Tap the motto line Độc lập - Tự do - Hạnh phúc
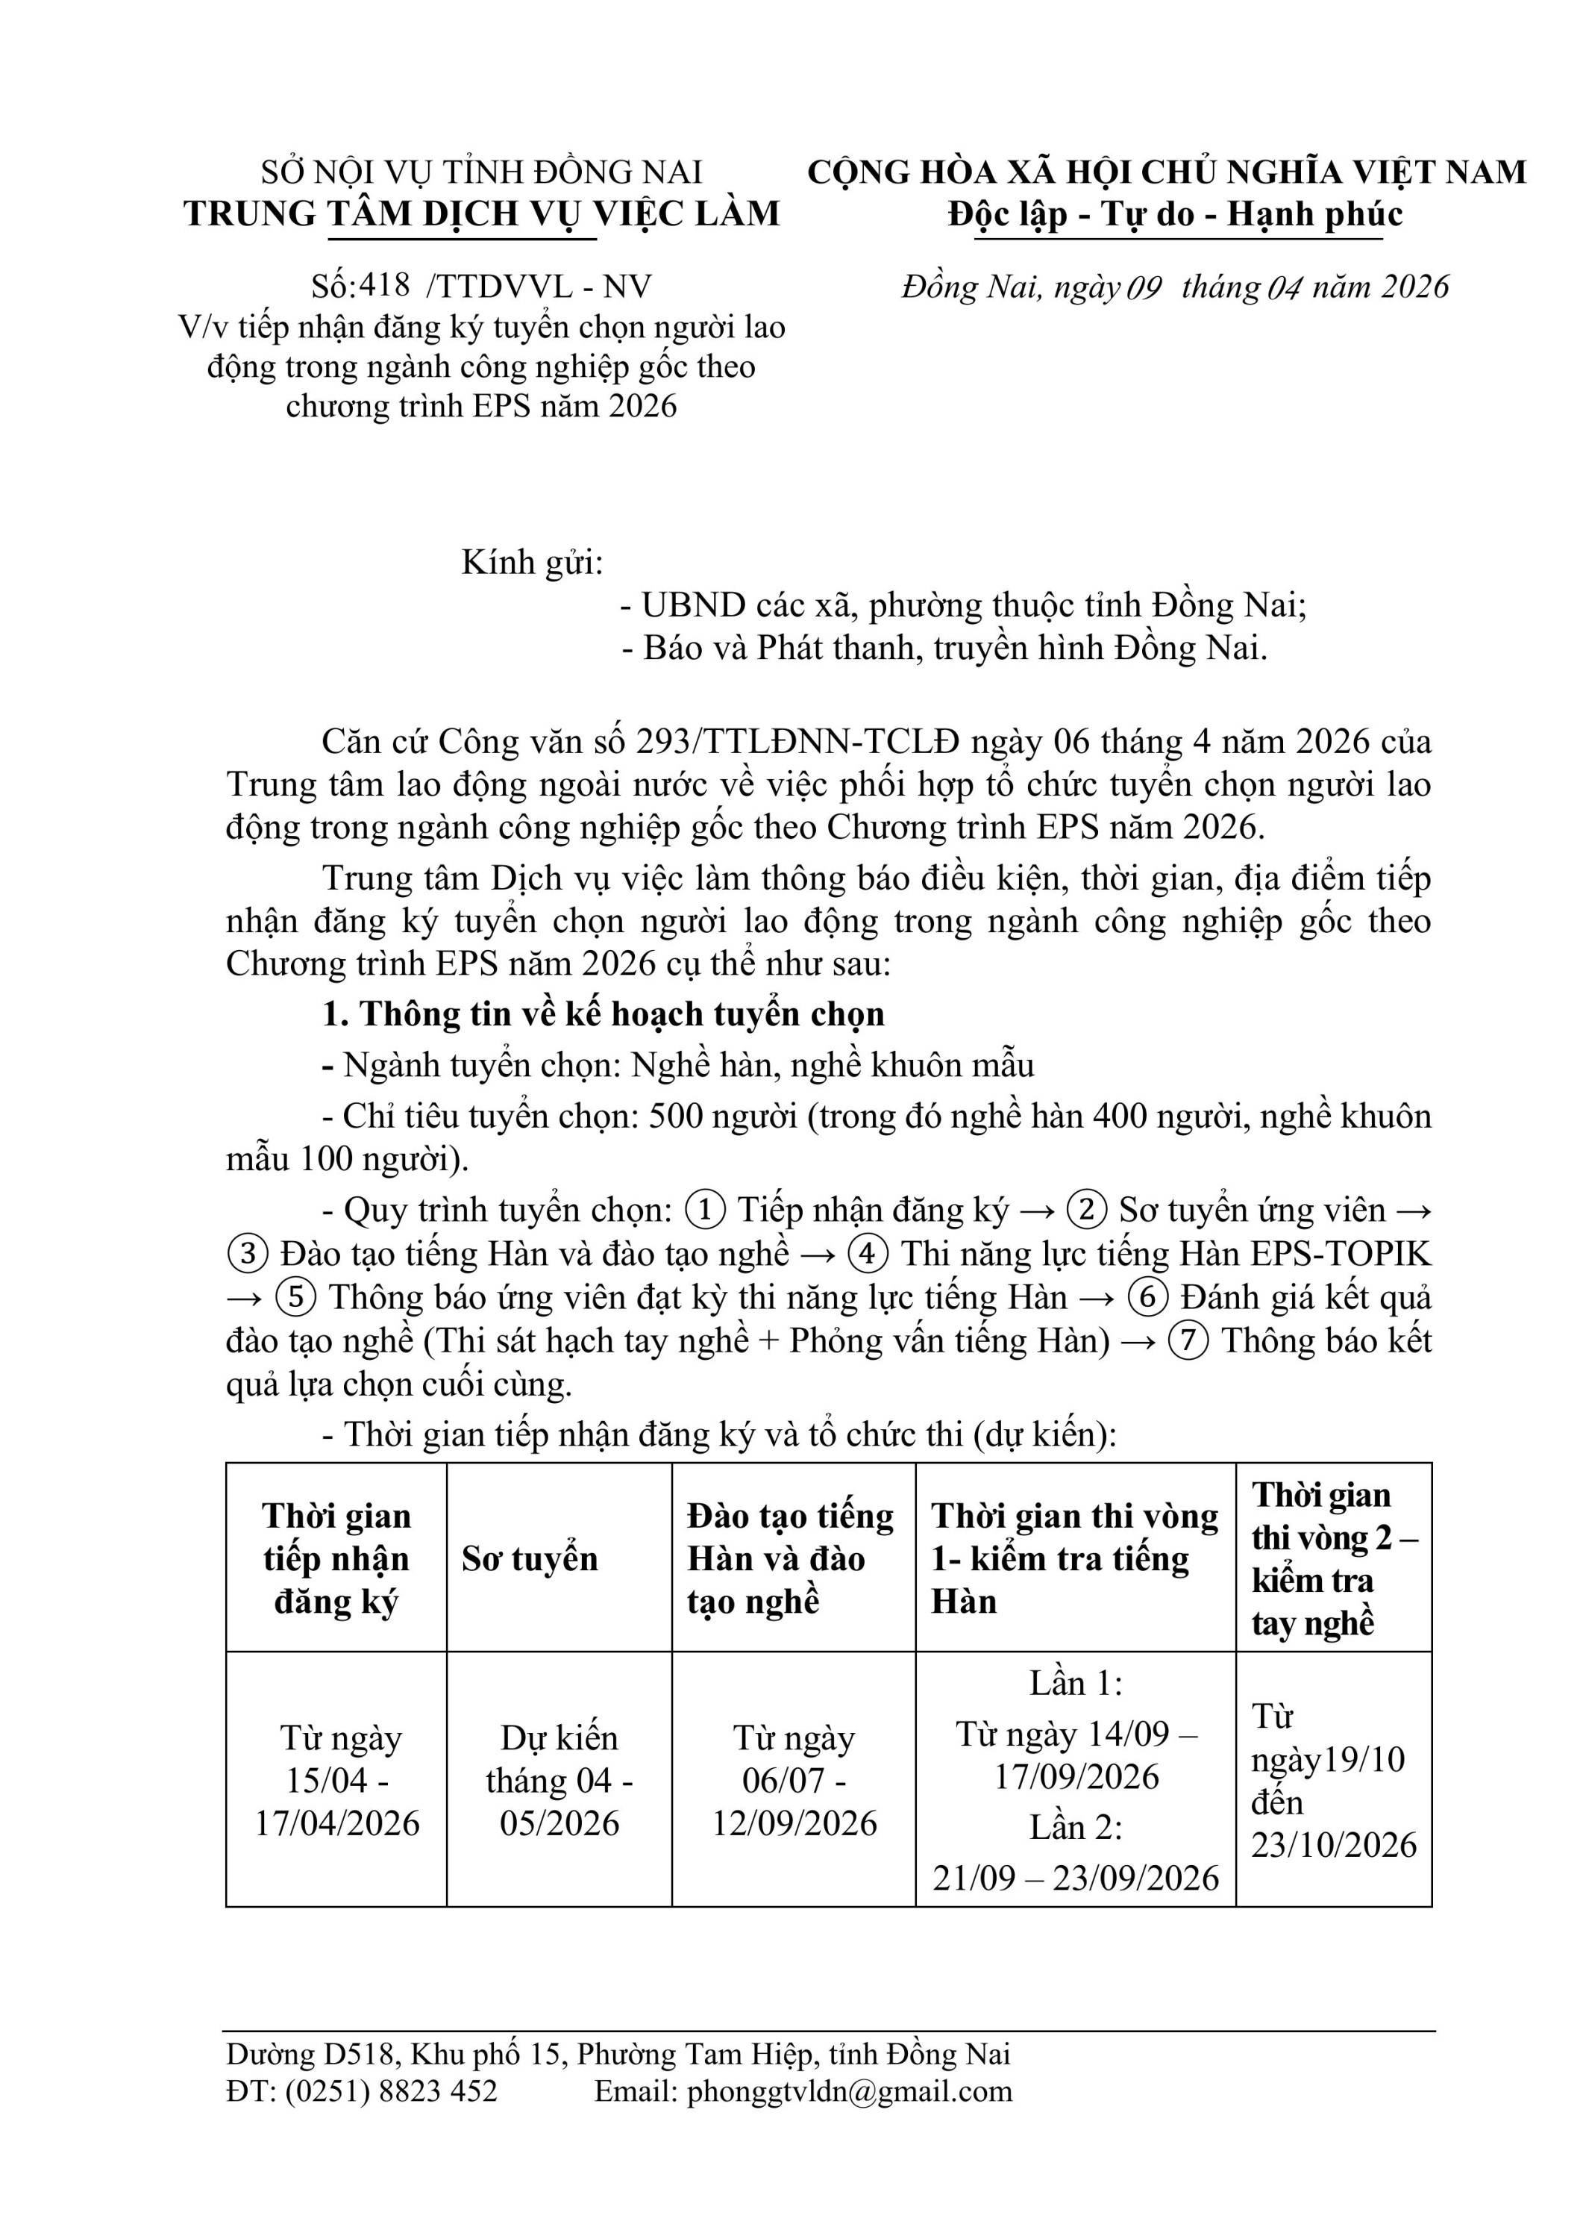point(1176,213)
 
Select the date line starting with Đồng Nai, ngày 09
point(1176,287)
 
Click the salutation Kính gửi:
point(532,563)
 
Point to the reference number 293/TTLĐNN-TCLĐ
point(797,742)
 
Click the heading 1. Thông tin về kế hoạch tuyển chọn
point(604,1014)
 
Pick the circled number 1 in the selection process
point(706,1211)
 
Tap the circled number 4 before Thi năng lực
point(868,1254)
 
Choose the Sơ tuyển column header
point(530,1558)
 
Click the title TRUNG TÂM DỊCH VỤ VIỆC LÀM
point(483,213)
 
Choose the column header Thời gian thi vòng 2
point(1333,1558)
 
